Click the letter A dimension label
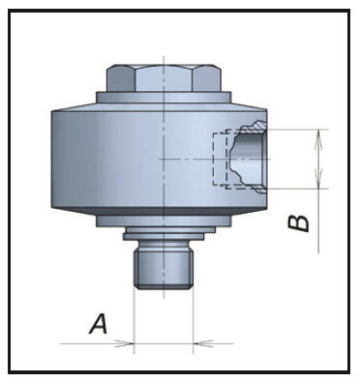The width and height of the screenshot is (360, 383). click(x=98, y=324)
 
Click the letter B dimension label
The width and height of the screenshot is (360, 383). click(x=298, y=223)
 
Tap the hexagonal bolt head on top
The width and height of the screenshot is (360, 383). click(x=164, y=78)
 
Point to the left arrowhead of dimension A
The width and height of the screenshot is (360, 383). click(x=125, y=343)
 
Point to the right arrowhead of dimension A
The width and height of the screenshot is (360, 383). click(x=202, y=343)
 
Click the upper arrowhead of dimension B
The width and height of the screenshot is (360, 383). click(x=318, y=139)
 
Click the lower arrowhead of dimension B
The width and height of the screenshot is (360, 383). click(x=318, y=179)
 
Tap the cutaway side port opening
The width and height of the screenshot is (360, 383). click(x=249, y=159)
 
